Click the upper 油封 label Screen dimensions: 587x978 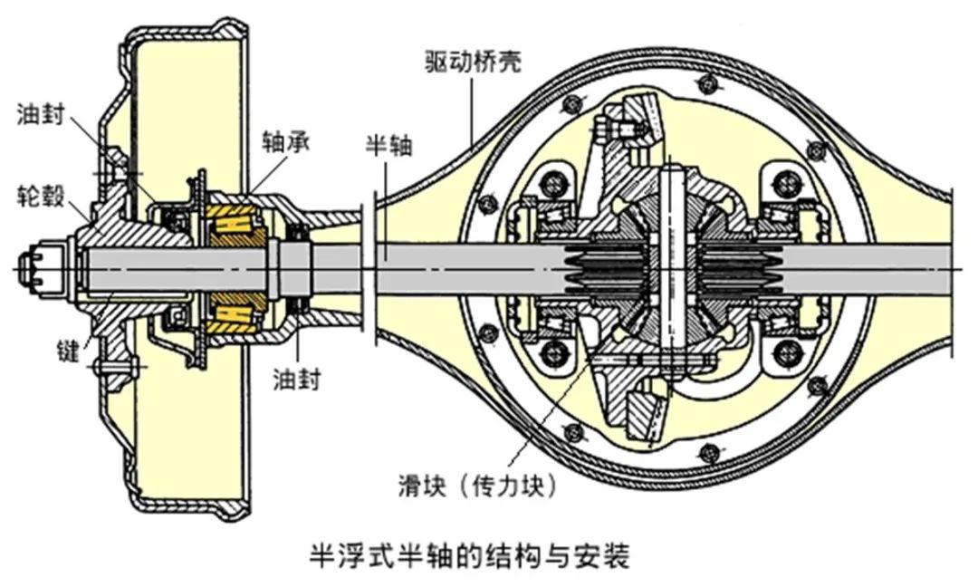tap(40, 114)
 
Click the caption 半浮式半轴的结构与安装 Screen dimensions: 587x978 tap(469, 553)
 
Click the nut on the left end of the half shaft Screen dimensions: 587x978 tap(38, 268)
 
